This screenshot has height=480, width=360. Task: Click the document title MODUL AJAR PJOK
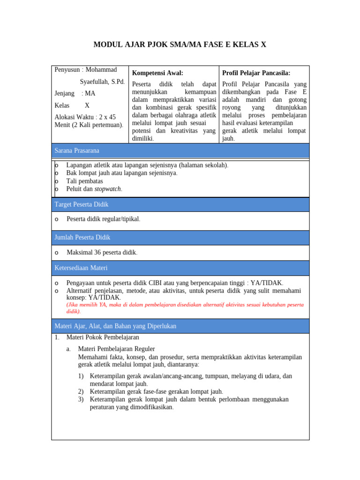(x=180, y=45)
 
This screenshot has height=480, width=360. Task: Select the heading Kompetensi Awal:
(x=157, y=73)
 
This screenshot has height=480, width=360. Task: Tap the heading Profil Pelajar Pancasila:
(x=256, y=73)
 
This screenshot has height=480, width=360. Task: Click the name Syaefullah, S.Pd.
(x=102, y=82)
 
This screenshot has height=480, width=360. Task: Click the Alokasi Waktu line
(x=85, y=117)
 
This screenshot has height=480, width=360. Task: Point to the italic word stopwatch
(x=108, y=189)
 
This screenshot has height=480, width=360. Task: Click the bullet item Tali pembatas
(x=84, y=181)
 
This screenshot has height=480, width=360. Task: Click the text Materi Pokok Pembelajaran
(x=103, y=337)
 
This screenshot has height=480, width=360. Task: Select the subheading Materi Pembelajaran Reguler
(x=116, y=349)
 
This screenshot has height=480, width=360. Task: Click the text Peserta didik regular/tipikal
(x=104, y=219)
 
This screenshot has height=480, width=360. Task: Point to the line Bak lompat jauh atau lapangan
(x=122, y=173)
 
